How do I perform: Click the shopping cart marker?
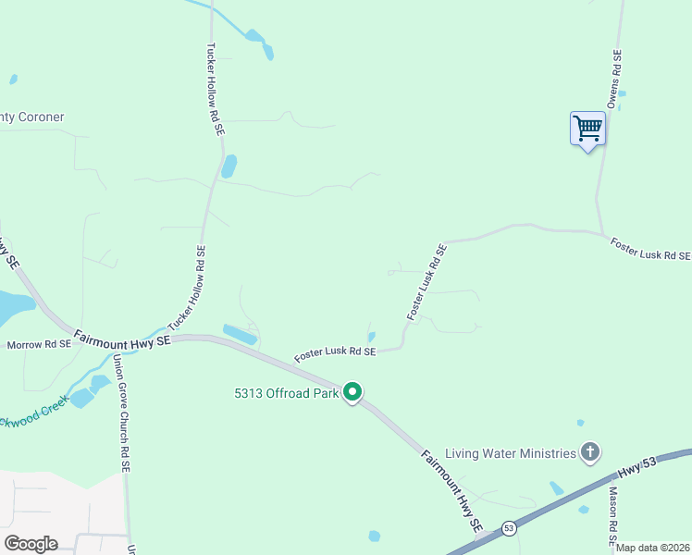[x=587, y=129]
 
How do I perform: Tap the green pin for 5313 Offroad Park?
[x=352, y=392]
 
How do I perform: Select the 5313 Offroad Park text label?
[x=283, y=393]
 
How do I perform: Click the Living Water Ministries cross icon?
[x=590, y=452]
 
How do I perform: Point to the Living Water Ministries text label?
[x=511, y=453]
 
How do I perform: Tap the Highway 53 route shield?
[x=509, y=528]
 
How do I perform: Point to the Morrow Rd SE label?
[x=39, y=345]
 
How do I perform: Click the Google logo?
[x=31, y=543]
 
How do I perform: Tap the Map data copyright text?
[x=653, y=548]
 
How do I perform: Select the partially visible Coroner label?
[x=31, y=117]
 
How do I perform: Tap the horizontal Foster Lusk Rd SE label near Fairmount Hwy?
[x=335, y=352]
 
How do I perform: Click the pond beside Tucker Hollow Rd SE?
[x=229, y=166]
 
